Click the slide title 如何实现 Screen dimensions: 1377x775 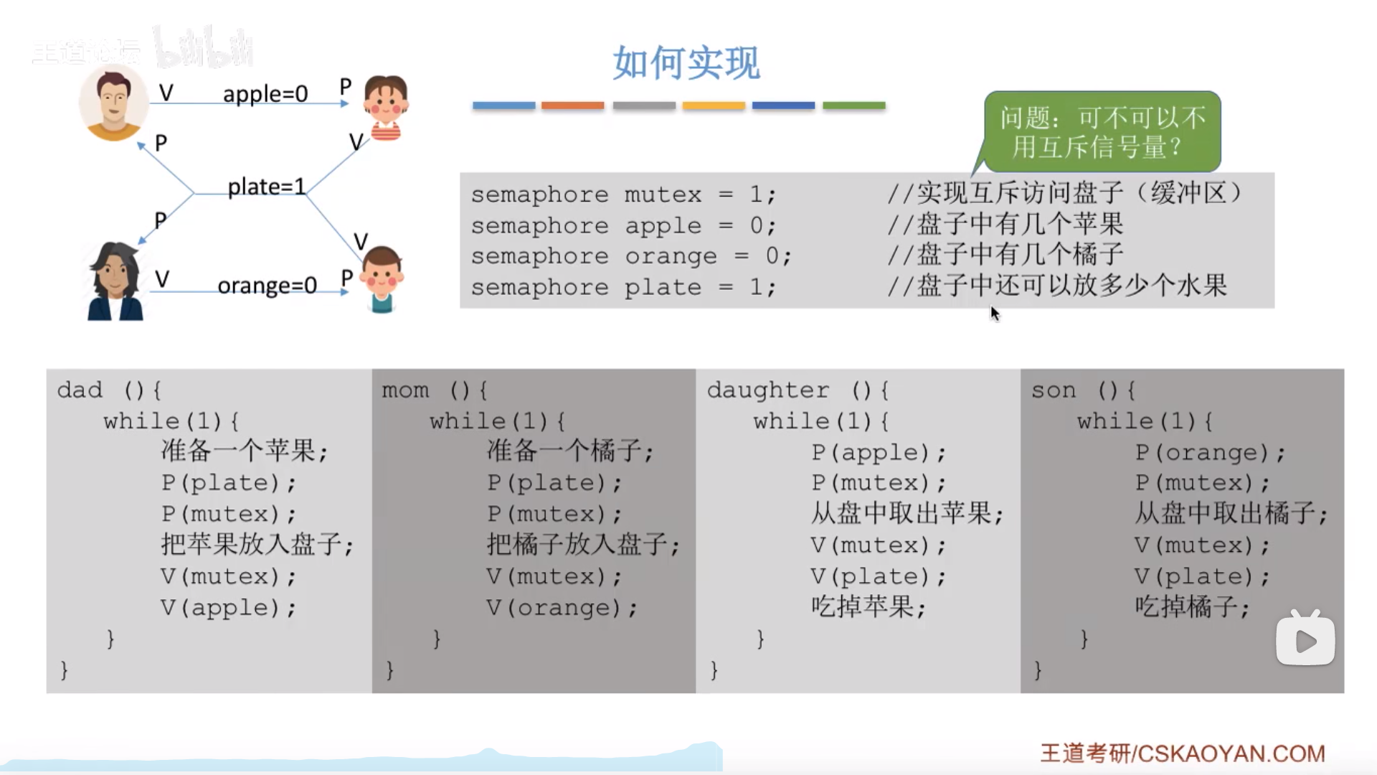coord(686,62)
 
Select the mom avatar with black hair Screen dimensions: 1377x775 coord(114,282)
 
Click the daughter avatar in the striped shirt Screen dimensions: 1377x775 coord(385,108)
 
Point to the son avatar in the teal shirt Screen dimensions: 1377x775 coord(382,280)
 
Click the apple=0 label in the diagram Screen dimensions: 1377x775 coord(265,94)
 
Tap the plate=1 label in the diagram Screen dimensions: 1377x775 coord(266,187)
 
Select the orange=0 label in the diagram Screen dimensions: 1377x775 coord(267,286)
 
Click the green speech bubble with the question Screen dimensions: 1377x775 coord(1102,132)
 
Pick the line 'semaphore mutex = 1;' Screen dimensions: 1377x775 coord(623,194)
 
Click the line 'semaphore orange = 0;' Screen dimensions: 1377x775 coord(631,256)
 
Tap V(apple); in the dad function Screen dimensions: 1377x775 coord(228,608)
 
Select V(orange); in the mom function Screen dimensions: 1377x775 coord(562,608)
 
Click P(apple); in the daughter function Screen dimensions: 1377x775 coord(879,452)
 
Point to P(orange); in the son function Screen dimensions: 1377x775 coord(1210,452)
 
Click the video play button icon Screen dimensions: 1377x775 coord(1305,639)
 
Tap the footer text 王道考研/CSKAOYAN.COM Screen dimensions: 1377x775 coord(1183,753)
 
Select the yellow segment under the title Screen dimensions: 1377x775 coord(714,105)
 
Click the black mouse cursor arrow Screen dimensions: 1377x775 coord(995,313)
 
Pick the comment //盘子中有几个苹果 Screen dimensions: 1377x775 coord(1005,225)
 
